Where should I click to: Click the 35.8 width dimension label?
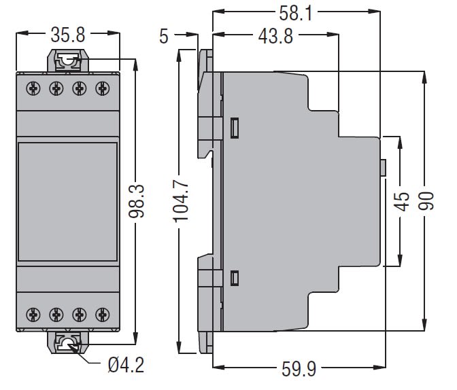coord(67,33)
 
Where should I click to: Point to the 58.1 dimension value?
coord(296,12)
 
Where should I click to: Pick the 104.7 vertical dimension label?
coord(178,202)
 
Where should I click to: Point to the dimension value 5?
coord(163,35)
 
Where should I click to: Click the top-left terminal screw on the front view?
coord(31,88)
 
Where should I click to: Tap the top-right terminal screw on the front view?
coord(103,88)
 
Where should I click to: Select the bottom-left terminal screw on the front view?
coord(31,314)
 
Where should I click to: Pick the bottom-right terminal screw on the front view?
coord(103,314)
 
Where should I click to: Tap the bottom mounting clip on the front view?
coord(67,342)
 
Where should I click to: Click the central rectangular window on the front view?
coord(67,201)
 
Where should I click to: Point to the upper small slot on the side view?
coord(235,127)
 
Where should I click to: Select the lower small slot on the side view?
coord(235,277)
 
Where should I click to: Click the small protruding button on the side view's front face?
coord(384,167)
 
